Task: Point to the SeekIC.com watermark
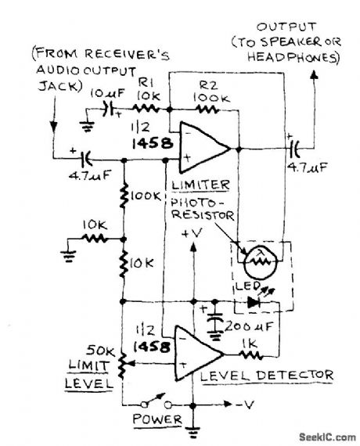coord(321,436)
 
